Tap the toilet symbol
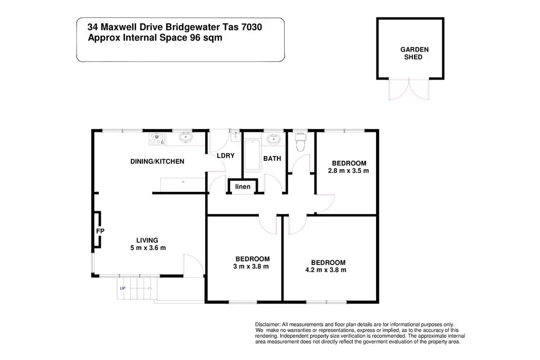click(x=301, y=142)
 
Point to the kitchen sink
click(x=186, y=139)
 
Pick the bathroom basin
click(x=274, y=140)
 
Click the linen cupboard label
click(x=243, y=187)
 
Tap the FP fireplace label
click(x=99, y=231)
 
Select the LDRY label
click(x=226, y=157)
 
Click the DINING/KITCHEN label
click(x=157, y=161)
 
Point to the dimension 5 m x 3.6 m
click(x=148, y=248)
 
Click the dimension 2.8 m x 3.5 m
click(x=348, y=171)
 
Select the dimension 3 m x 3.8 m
click(x=252, y=267)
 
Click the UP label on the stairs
click(x=123, y=288)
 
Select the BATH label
click(x=272, y=158)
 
